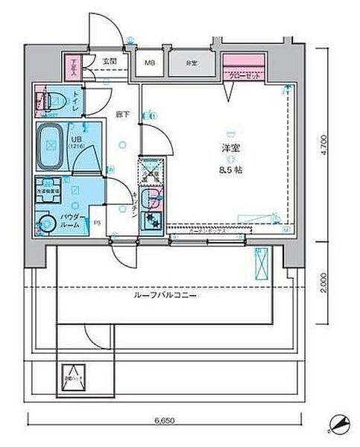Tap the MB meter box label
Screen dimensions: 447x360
coord(150,63)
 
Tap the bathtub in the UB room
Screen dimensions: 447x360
coord(52,141)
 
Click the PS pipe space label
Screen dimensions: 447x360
coord(98,221)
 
